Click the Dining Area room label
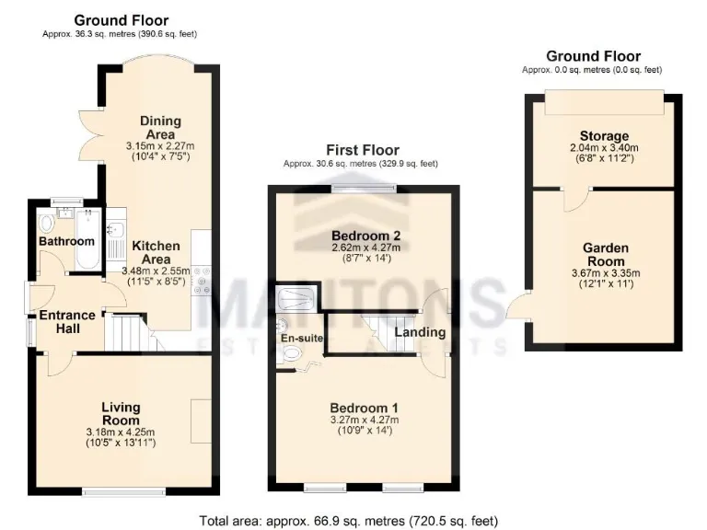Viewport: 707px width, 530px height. tap(160, 127)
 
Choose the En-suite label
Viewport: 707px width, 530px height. tap(301, 339)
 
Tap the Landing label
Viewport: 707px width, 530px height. tap(420, 332)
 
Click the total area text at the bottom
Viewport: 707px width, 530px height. tap(349, 521)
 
